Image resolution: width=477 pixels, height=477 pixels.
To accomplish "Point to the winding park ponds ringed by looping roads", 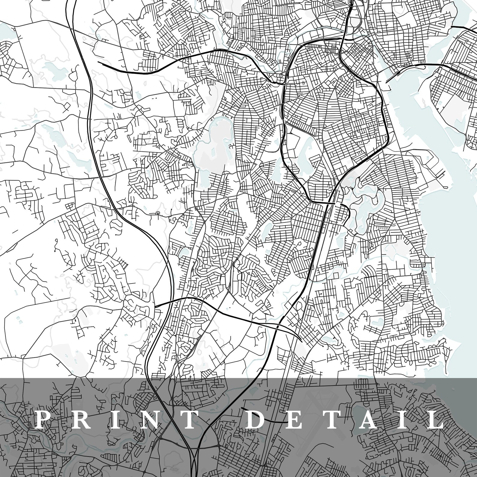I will click(x=365, y=207).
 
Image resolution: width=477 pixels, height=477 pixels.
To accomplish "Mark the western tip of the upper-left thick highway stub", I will click(x=99, y=62).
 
